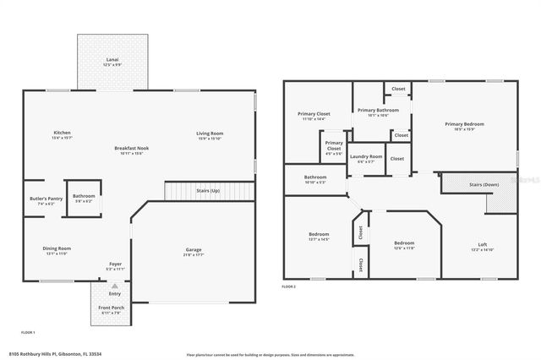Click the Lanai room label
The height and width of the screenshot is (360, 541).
click(x=112, y=59)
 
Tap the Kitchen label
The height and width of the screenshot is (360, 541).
click(x=62, y=133)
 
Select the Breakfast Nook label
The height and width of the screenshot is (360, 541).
click(x=131, y=149)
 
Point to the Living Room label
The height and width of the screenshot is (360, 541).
click(x=210, y=133)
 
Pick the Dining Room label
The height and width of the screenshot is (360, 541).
click(x=57, y=248)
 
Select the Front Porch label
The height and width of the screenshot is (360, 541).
click(x=112, y=308)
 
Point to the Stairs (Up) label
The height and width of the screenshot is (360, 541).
click(x=208, y=191)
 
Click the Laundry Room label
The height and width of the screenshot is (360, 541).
click(x=366, y=156)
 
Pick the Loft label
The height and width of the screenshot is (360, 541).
click(x=478, y=245)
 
